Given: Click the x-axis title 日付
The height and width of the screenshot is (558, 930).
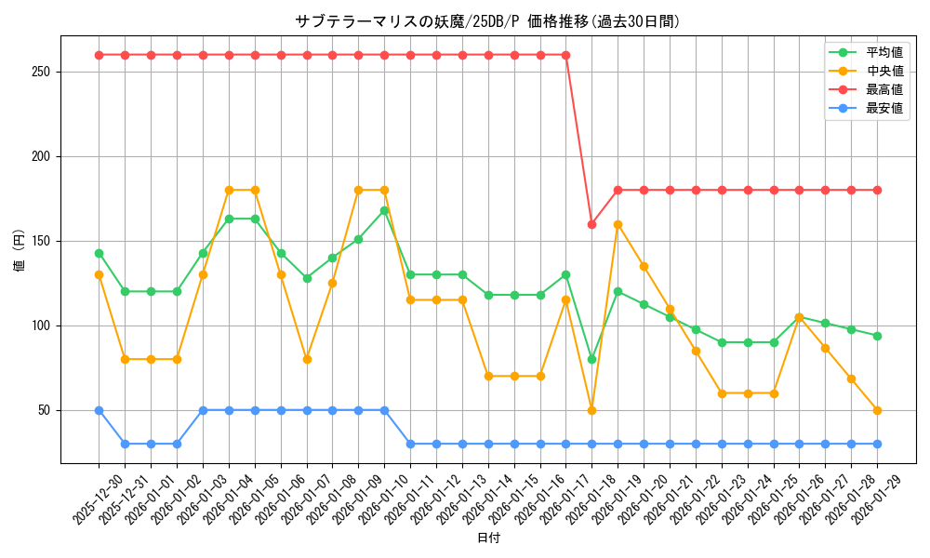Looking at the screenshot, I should (x=488, y=538).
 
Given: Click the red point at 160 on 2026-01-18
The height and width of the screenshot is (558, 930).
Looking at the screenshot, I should (x=591, y=224).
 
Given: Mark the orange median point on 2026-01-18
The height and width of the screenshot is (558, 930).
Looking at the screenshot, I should (x=591, y=410).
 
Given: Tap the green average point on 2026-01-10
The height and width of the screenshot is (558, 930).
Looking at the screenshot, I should (x=384, y=210).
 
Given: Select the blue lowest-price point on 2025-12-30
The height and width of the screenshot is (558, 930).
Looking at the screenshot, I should (x=99, y=410).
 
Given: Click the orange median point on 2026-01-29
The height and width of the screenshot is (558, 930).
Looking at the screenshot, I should (x=877, y=410).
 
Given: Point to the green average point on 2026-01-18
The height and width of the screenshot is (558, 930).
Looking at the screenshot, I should (x=591, y=359).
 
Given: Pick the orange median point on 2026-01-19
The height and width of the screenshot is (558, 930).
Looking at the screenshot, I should (x=618, y=224).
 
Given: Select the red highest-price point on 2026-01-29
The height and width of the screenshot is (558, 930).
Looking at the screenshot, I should (x=877, y=190).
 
